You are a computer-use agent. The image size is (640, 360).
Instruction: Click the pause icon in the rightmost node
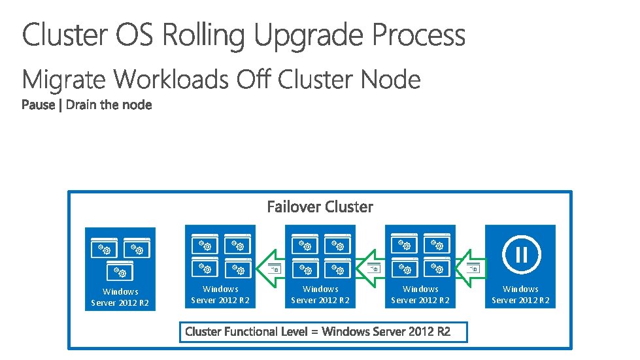(x=520, y=252)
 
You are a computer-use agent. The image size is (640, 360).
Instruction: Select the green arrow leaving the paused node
(x=468, y=268)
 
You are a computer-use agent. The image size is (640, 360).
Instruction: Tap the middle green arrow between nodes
(x=368, y=268)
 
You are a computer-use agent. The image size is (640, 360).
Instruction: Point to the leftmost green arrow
(x=268, y=268)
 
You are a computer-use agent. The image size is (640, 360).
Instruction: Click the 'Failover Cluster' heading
(x=320, y=207)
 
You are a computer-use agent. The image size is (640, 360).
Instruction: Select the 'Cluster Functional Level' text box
(x=324, y=331)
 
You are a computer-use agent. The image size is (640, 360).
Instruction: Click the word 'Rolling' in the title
(x=203, y=35)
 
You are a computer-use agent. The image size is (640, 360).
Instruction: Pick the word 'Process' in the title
(x=419, y=35)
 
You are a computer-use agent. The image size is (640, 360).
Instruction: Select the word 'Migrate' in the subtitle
(x=64, y=80)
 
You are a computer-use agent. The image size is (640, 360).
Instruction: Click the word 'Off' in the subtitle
(x=254, y=80)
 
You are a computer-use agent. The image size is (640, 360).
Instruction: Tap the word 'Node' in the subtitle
(x=390, y=80)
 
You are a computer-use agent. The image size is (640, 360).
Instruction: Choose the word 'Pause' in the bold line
(x=39, y=105)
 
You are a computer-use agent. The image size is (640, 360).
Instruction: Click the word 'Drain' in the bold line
(x=80, y=105)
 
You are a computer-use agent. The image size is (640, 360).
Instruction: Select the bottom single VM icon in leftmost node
(x=120, y=270)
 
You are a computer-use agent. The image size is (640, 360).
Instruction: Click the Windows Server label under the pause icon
(x=520, y=295)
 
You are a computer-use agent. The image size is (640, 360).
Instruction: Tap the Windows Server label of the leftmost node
(x=120, y=297)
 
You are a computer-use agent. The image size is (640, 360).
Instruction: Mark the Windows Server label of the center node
(x=320, y=295)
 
